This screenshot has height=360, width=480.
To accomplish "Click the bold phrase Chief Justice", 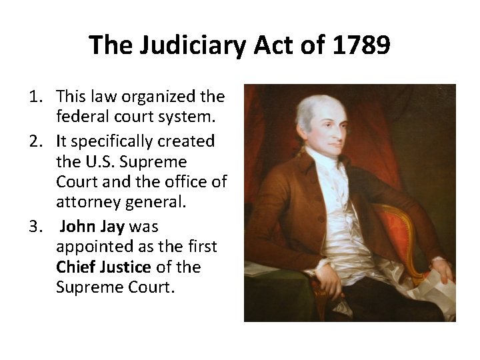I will click(103, 267).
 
